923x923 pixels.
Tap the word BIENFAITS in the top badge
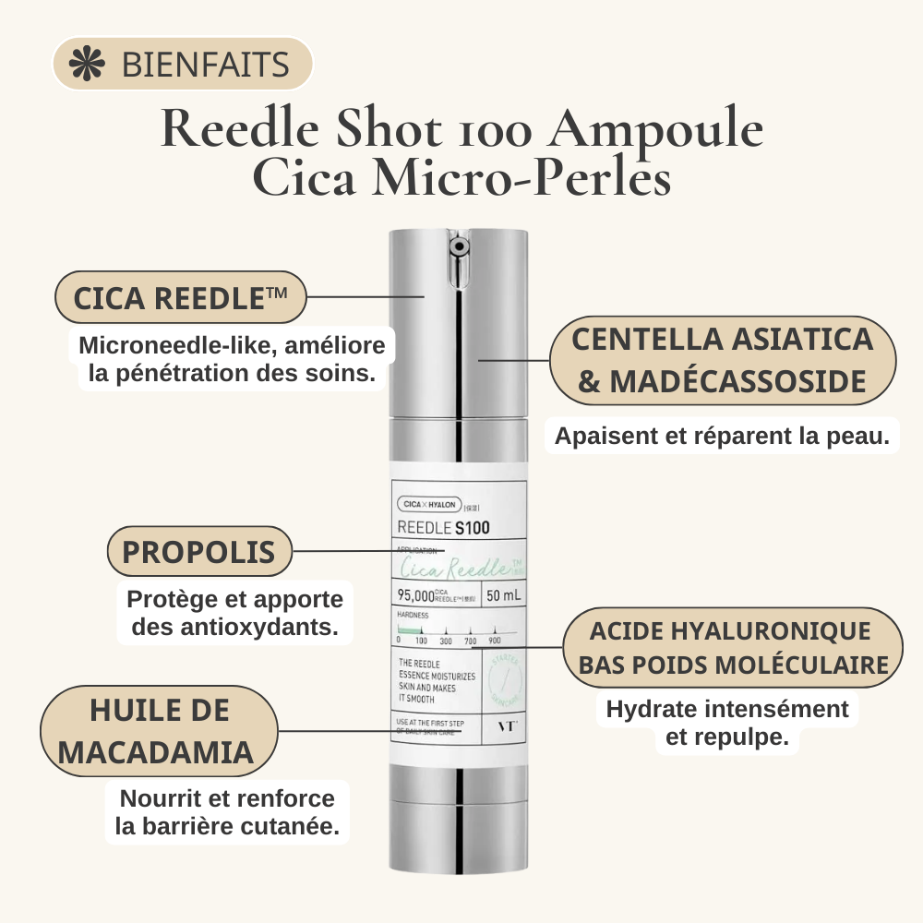[205, 66]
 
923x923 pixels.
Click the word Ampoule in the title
[655, 130]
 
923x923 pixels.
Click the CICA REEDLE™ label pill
[180, 297]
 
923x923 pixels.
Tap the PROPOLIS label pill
[198, 552]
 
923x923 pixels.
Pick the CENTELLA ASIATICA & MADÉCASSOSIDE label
[722, 360]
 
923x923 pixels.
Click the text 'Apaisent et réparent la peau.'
[722, 436]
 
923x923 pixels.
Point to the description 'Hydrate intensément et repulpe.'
[727, 723]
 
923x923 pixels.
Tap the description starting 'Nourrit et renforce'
[227, 812]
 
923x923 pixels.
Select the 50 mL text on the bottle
[504, 595]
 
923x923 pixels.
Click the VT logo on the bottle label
[506, 725]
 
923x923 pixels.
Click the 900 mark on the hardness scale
[494, 640]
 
